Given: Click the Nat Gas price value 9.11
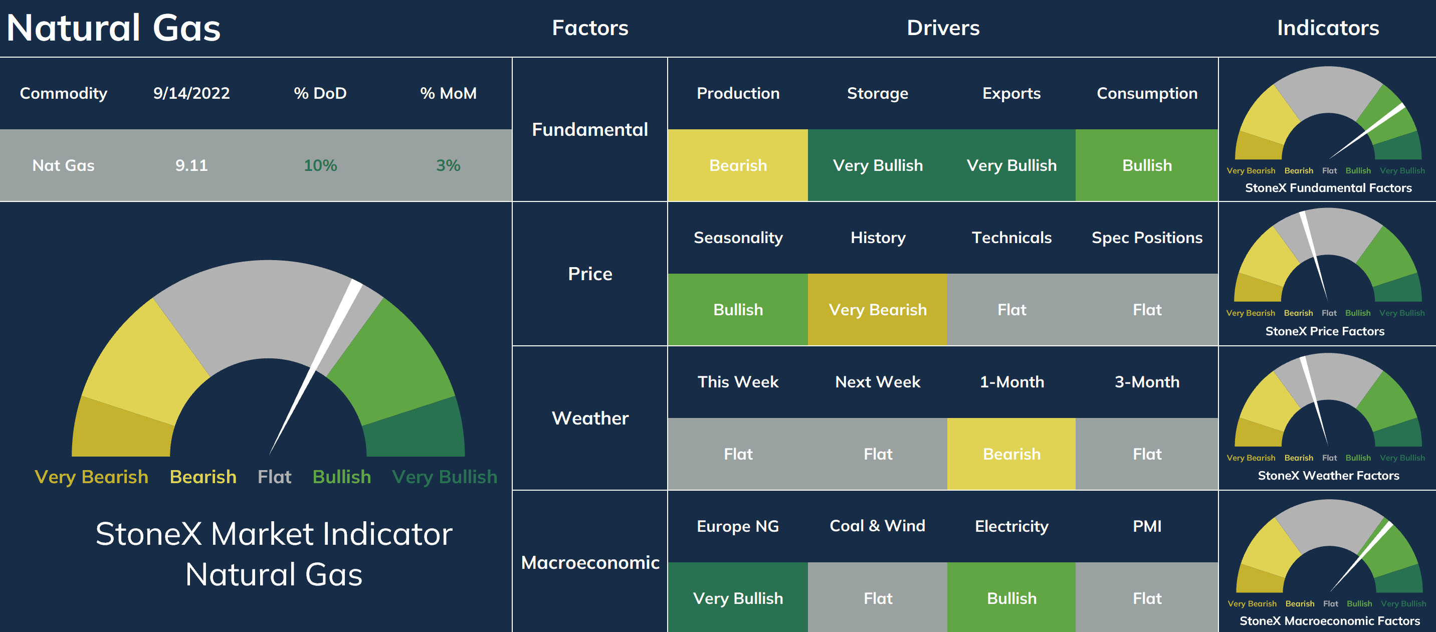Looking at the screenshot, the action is pyautogui.click(x=191, y=165).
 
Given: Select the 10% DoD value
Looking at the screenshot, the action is pyautogui.click(x=320, y=165).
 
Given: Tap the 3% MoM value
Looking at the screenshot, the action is pyautogui.click(x=448, y=165).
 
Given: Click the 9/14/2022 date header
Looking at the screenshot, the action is pyautogui.click(x=191, y=93).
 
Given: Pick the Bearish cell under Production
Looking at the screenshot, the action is pyautogui.click(x=737, y=165).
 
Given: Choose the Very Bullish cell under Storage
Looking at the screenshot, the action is pyautogui.click(x=878, y=165).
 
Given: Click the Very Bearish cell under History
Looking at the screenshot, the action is pyautogui.click(x=878, y=309).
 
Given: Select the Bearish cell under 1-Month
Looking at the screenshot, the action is pyautogui.click(x=1011, y=454).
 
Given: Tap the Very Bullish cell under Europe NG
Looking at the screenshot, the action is pyautogui.click(x=737, y=597).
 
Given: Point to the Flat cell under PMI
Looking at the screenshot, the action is pyautogui.click(x=1147, y=597).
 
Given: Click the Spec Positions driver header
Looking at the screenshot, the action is pyautogui.click(x=1147, y=238).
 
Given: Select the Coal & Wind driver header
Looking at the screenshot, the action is pyautogui.click(x=878, y=526).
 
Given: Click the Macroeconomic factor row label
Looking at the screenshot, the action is pyautogui.click(x=590, y=562).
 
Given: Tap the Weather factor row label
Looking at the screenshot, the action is pyautogui.click(x=590, y=418).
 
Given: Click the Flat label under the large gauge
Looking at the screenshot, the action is pyautogui.click(x=274, y=477).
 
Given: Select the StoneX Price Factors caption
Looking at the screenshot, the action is pyautogui.click(x=1325, y=331).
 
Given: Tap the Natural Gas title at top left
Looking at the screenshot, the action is pyautogui.click(x=114, y=28).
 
